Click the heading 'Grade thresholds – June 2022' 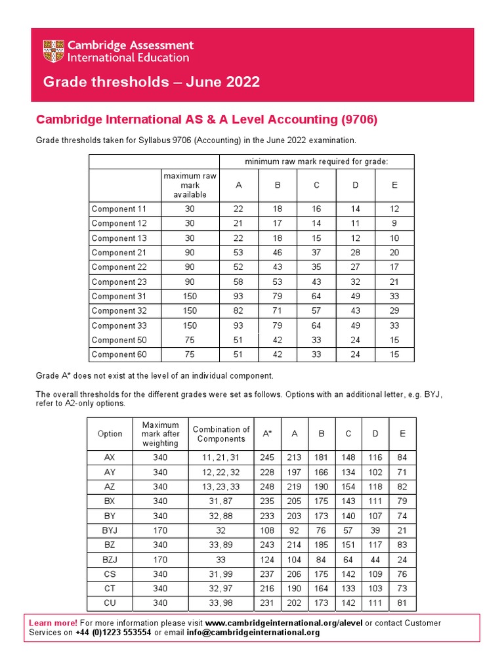tap(151, 82)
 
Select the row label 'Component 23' tap(119, 282)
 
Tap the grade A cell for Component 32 tap(239, 310)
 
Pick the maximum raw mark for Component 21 tap(190, 253)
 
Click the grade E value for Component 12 tap(394, 223)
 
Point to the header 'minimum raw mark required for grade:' tap(316, 161)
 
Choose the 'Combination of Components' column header tap(221, 434)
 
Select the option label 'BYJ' tap(110, 530)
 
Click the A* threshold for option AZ tap(267, 487)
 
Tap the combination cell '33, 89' tap(221, 545)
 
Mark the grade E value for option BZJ tap(402, 559)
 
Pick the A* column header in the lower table tap(267, 434)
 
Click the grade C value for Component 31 tap(316, 296)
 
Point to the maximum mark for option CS tap(160, 574)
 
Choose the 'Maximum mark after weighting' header tap(160, 434)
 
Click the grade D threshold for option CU tap(375, 602)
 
